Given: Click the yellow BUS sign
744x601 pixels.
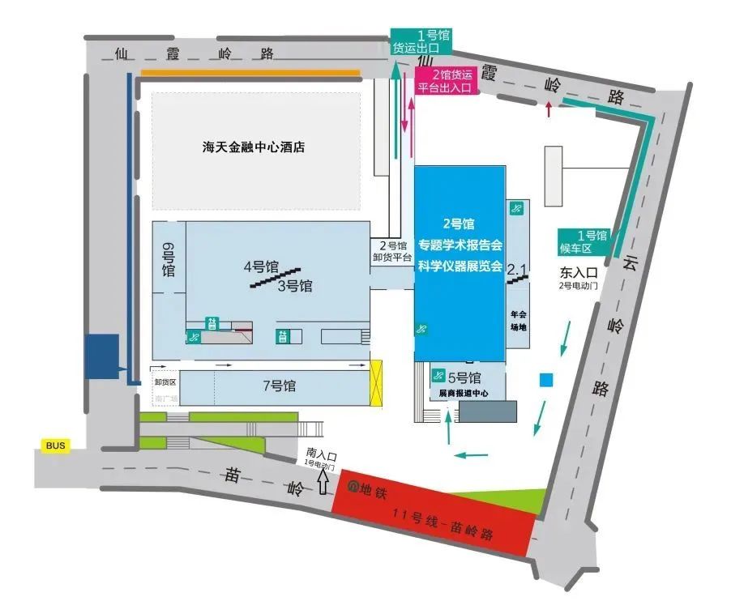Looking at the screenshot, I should tap(55, 445).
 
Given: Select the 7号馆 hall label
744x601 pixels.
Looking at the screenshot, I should tap(279, 386).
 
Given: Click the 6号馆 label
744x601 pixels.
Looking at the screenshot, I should tap(169, 259).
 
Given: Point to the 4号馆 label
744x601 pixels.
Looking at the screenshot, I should tap(261, 266).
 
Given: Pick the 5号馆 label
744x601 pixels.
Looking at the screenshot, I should tap(464, 377).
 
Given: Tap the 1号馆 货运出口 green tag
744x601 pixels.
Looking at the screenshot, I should tap(421, 41).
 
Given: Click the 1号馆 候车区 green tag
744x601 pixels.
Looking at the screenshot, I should tap(585, 241).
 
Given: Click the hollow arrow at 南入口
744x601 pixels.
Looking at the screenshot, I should tap(324, 483).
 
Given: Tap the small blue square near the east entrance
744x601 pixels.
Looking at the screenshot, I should tap(547, 380).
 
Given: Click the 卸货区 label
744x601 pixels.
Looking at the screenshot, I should tap(165, 381).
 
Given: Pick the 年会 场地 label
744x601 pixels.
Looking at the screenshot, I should tap(519, 321).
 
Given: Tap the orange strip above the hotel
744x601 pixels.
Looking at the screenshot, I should tap(250, 73).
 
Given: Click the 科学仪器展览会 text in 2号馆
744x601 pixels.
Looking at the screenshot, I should tap(460, 266).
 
